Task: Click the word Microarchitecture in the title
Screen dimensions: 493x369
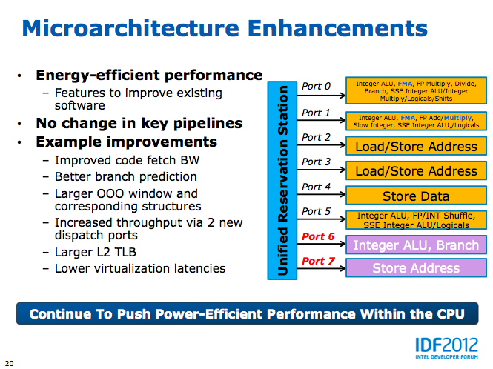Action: point(130,28)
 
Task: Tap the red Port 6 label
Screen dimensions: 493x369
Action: point(318,236)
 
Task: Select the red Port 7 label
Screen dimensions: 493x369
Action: point(318,261)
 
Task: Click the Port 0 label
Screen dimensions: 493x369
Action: point(316,86)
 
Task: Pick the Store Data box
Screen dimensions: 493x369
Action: point(416,195)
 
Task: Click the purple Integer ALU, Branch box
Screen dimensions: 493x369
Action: point(416,245)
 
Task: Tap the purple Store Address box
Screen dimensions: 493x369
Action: point(416,267)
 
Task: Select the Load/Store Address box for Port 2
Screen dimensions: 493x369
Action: point(416,146)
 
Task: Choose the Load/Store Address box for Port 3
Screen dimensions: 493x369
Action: point(416,170)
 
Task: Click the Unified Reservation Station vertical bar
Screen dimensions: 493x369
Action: point(282,180)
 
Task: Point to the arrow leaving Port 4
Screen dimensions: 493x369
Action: point(321,194)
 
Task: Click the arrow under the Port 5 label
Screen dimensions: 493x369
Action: point(321,219)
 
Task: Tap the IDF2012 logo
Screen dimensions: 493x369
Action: point(446,348)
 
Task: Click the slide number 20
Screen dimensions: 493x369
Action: point(9,363)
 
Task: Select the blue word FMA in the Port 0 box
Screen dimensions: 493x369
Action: point(405,84)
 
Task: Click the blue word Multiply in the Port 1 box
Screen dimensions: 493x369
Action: point(457,118)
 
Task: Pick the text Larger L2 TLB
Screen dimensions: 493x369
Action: point(96,252)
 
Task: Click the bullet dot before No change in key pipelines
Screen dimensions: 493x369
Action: point(19,124)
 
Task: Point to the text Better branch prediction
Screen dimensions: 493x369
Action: point(126,176)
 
